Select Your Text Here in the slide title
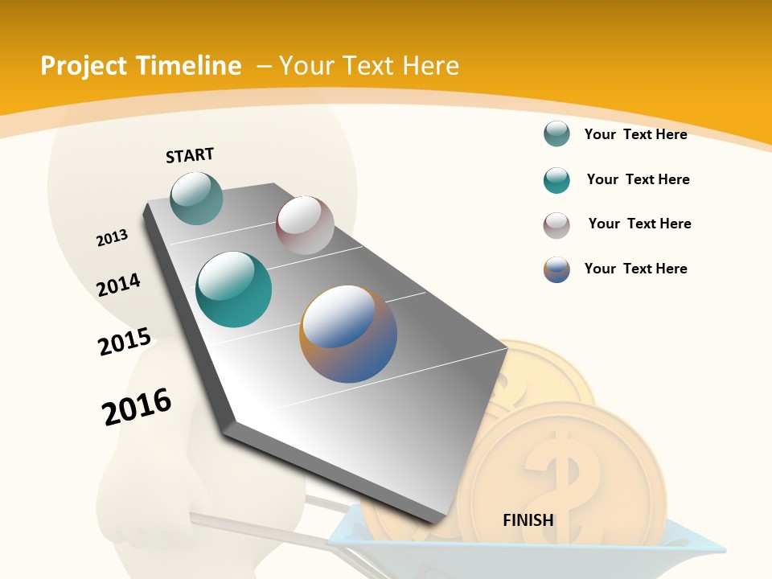[369, 66]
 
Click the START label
[190, 155]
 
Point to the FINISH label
[528, 520]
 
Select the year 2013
[112, 238]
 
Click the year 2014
[118, 285]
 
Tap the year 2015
[124, 341]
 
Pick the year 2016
[137, 406]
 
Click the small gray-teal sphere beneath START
[196, 199]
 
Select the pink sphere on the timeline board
[305, 225]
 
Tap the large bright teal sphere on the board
[233, 289]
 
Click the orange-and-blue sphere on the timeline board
[348, 334]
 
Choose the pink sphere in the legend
[556, 225]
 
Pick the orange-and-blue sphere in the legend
[556, 269]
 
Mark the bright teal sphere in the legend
[556, 180]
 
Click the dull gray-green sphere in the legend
[556, 134]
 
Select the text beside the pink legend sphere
[639, 224]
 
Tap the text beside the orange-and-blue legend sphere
[635, 269]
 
